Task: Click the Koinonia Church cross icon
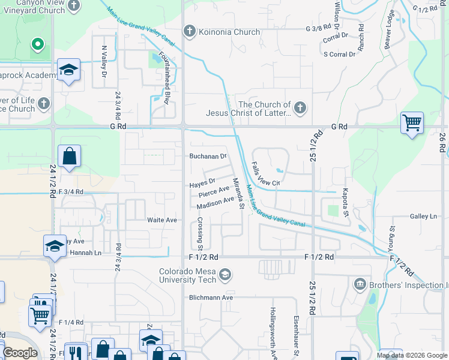(189, 31)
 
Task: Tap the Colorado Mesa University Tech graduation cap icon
(225, 275)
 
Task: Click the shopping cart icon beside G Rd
(412, 123)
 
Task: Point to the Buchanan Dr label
(208, 156)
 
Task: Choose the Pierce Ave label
(214, 192)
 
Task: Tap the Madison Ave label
(215, 203)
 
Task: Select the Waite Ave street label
(162, 220)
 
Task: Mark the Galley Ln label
(424, 216)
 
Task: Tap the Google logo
(20, 353)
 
